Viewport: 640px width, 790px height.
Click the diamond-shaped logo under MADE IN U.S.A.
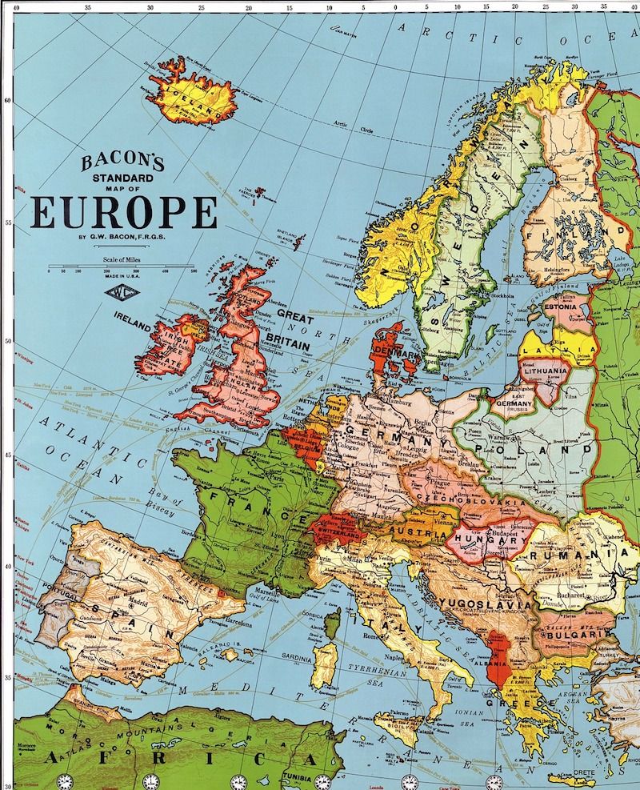click(120, 291)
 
